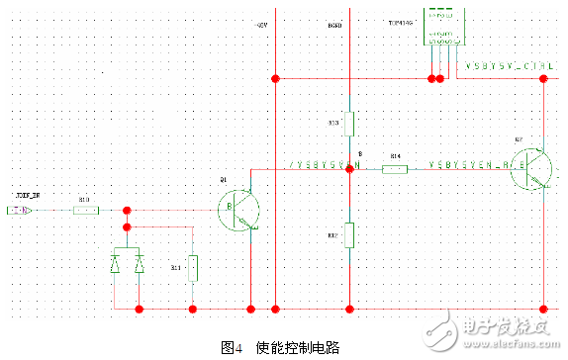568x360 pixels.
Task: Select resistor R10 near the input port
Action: pyautogui.click(x=85, y=211)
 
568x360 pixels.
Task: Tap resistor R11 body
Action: pyautogui.click(x=192, y=266)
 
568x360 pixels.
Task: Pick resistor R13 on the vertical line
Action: pyautogui.click(x=348, y=125)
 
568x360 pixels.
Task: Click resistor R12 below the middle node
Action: pyautogui.click(x=348, y=235)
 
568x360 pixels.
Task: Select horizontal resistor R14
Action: pyautogui.click(x=395, y=169)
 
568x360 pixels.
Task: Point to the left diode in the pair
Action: pyautogui.click(x=116, y=264)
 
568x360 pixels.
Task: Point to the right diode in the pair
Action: pyautogui.click(x=139, y=264)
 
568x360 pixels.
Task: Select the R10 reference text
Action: pyautogui.click(x=84, y=200)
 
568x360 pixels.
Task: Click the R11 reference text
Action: pyautogui.click(x=175, y=267)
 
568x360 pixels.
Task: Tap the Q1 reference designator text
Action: pyautogui.click(x=225, y=179)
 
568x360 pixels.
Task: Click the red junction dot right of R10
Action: pyautogui.click(x=127, y=211)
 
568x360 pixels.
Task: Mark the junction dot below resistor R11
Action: pyautogui.click(x=192, y=309)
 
